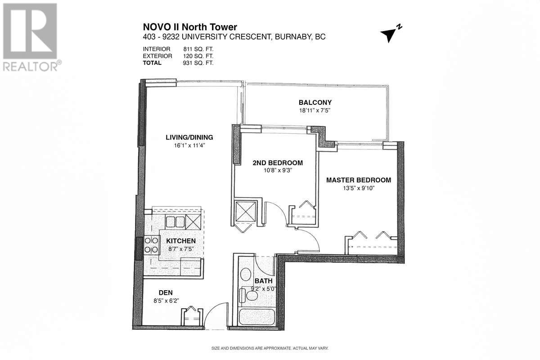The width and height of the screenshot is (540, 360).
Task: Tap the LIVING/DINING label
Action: coord(189,137)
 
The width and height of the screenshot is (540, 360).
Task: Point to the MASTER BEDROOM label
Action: coord(358,180)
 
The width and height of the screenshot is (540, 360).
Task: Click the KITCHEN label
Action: coord(178,241)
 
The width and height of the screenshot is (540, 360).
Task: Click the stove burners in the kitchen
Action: coord(151,245)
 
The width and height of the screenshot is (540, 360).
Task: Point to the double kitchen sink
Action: coord(175,221)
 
